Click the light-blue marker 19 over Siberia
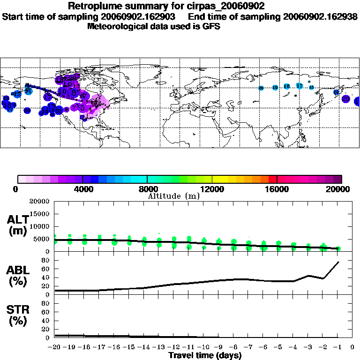click(275, 88)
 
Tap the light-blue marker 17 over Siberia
click(299, 86)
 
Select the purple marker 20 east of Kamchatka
click(346, 99)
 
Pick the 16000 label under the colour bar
click(277, 189)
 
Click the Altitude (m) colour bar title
click(173, 196)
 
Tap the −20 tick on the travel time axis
click(54, 347)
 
